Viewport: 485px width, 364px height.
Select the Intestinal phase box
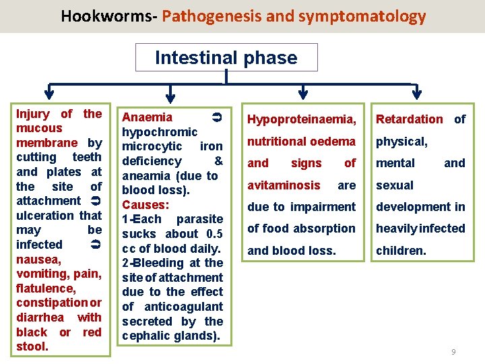click(x=226, y=57)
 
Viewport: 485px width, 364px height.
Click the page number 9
click(x=453, y=352)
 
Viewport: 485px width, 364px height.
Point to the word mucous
click(x=39, y=128)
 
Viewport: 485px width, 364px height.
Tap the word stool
click(x=32, y=346)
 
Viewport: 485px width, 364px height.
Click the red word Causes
click(x=145, y=204)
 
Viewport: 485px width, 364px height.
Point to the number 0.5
click(x=214, y=234)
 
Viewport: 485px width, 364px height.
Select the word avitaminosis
click(x=284, y=185)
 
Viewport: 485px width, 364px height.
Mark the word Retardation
click(x=409, y=119)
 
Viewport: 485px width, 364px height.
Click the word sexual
click(x=395, y=185)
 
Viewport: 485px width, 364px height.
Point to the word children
click(x=401, y=250)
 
